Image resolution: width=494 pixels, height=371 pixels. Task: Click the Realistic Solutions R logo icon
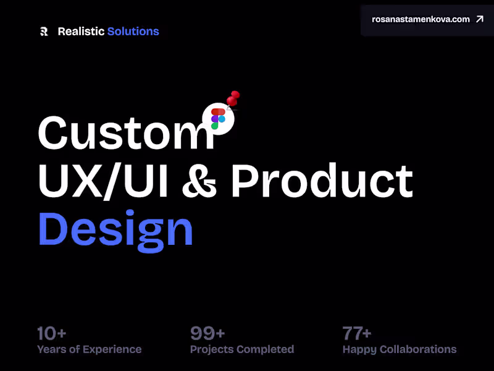43,32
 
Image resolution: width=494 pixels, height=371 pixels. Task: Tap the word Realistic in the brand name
81,32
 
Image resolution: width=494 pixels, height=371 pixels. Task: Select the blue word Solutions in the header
133,32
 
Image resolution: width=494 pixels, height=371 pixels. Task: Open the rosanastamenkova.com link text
421,19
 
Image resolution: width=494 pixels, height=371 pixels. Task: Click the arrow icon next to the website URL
480,19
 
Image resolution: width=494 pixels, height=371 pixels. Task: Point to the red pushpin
233,98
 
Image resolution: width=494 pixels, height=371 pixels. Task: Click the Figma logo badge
218,118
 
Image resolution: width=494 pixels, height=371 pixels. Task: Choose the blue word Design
115,230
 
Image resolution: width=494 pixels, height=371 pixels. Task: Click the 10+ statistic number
51,334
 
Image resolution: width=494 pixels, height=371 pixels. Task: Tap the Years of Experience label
89,349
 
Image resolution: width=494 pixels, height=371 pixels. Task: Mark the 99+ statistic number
207,334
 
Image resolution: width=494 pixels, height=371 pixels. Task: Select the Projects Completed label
241,349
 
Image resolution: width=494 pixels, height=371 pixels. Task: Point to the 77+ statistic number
357,334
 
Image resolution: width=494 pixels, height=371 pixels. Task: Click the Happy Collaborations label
399,349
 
